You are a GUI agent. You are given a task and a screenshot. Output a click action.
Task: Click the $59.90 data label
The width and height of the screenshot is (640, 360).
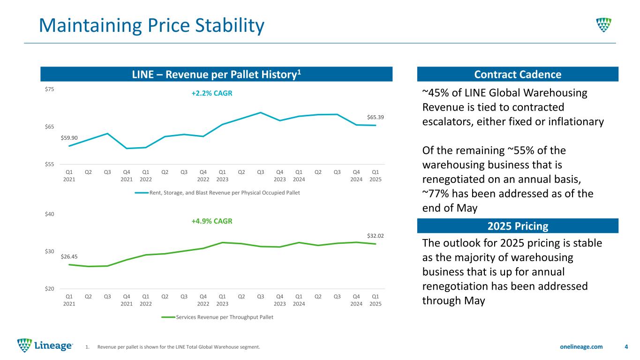69,138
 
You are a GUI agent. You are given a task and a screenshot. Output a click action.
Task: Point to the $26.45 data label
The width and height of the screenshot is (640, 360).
69,256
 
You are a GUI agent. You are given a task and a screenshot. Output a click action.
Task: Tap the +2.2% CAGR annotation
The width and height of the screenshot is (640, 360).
212,93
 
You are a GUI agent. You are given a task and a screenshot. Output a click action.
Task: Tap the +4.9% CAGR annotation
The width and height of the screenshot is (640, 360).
212,221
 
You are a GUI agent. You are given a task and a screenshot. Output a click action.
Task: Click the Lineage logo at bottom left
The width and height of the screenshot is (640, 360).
45,346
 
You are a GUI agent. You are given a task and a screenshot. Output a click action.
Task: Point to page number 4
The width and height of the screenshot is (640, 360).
626,347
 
